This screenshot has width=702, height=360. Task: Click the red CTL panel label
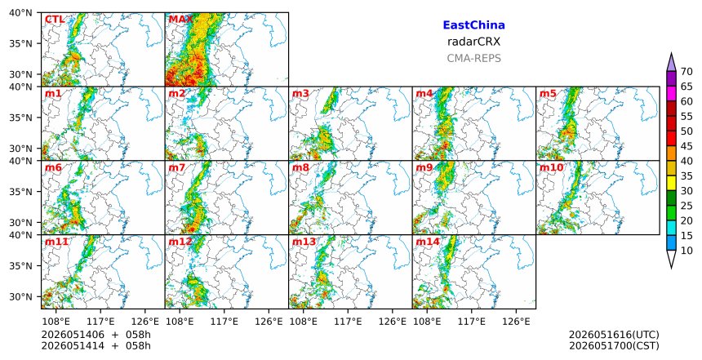click(x=55, y=20)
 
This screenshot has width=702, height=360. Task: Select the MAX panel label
click(x=181, y=20)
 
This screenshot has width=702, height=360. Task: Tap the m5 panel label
click(x=548, y=94)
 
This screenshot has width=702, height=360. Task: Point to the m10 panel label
click(x=552, y=168)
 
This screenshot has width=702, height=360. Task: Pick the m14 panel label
click(x=428, y=242)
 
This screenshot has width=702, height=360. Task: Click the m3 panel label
click(x=300, y=94)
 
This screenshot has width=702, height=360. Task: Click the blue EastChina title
click(x=473, y=25)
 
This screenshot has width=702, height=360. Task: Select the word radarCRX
click(x=473, y=42)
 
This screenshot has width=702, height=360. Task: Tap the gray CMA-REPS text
click(x=473, y=58)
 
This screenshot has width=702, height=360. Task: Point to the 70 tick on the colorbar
click(x=686, y=72)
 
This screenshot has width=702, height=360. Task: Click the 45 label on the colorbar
click(x=686, y=146)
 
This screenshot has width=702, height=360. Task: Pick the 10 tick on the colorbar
click(x=686, y=251)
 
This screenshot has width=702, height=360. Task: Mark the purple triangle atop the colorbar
click(x=671, y=63)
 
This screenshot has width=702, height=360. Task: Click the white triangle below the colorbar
click(x=671, y=260)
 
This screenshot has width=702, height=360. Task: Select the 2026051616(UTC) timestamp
click(x=614, y=335)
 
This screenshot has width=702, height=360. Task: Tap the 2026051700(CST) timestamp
click(x=614, y=345)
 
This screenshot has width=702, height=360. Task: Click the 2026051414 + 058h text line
click(x=96, y=345)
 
